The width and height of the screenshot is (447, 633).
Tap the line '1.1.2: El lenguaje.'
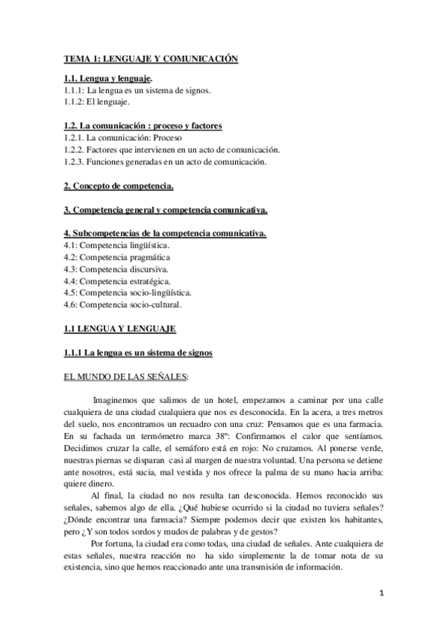(97, 101)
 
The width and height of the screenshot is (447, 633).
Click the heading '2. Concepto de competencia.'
(119, 184)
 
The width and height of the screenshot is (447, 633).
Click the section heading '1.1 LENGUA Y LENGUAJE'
(117, 328)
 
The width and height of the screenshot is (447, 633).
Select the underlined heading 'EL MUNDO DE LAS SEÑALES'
(125, 376)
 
